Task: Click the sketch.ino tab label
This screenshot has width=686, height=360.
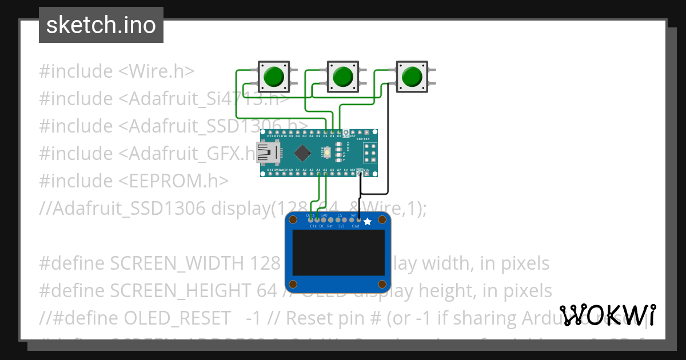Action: [101, 25]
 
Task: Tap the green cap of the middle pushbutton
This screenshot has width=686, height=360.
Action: [342, 76]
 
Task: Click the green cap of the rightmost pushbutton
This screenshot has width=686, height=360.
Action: [411, 76]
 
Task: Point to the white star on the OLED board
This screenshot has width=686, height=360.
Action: [368, 221]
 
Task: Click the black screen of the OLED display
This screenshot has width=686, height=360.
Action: [338, 254]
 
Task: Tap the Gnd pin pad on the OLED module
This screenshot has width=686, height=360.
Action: [359, 219]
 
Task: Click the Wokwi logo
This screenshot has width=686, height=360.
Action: [607, 315]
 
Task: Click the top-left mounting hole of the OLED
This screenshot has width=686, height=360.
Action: [294, 221]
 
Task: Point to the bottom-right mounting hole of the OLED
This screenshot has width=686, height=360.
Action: [380, 284]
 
